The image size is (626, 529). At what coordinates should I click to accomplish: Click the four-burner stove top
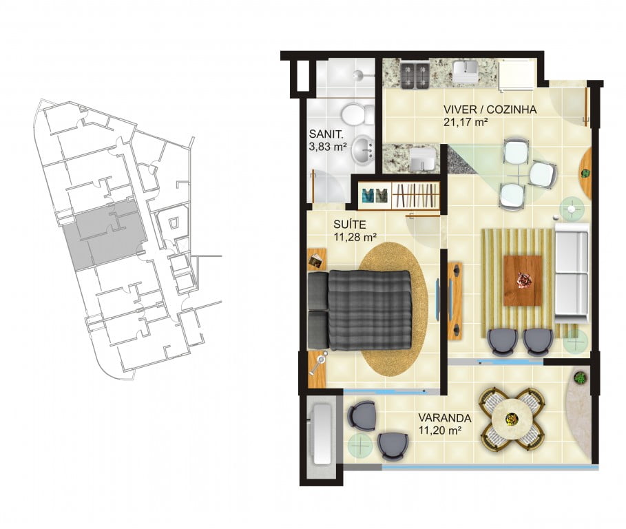(415, 76)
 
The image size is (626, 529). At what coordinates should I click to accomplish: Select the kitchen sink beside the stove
(465, 72)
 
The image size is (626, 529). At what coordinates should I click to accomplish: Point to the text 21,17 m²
(466, 122)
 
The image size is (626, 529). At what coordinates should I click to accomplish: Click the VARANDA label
(445, 418)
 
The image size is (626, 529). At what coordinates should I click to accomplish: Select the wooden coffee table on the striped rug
(523, 280)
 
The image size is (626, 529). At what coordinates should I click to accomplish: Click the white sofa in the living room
(572, 273)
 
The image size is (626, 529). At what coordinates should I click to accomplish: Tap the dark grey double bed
(359, 311)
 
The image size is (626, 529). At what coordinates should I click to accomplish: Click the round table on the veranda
(512, 419)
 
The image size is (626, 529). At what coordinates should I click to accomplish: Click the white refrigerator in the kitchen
(517, 75)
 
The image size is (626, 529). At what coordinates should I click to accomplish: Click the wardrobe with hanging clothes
(399, 195)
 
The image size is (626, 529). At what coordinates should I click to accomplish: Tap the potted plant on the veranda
(580, 377)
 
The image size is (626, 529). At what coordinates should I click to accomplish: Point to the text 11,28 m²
(355, 237)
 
